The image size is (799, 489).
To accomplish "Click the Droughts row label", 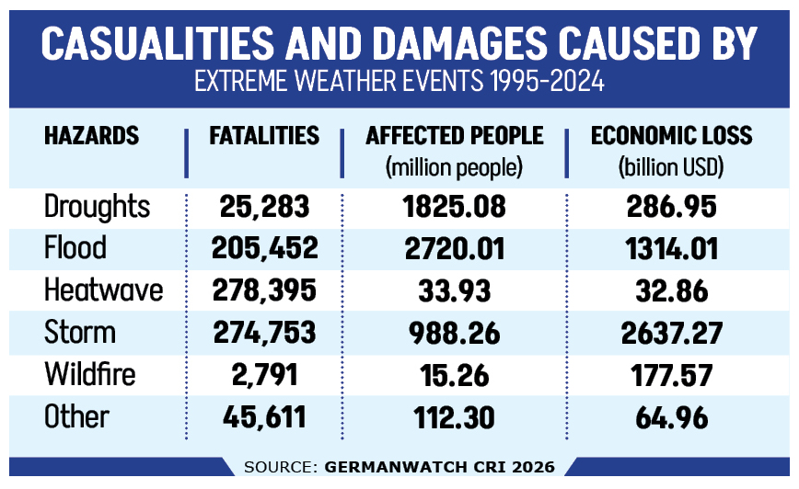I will [x=97, y=207].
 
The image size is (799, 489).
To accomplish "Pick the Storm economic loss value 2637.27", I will [x=671, y=333].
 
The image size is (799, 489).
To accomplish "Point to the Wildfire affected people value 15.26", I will [x=455, y=375].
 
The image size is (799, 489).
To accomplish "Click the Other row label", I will [x=77, y=417].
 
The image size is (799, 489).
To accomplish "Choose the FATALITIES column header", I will [x=264, y=136].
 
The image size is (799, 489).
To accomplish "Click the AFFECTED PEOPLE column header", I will [x=455, y=136].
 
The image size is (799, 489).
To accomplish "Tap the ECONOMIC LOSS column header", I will [x=671, y=136].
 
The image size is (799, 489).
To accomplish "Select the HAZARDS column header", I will [x=91, y=136].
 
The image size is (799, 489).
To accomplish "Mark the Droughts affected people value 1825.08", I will [x=455, y=207].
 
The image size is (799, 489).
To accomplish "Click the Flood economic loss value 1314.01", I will [x=671, y=248].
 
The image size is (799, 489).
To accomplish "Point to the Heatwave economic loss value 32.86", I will [x=671, y=290].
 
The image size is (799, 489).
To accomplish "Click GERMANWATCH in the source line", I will [x=386, y=467].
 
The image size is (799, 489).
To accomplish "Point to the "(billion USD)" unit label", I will [x=671, y=168].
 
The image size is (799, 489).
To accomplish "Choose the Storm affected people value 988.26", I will [x=455, y=333].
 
